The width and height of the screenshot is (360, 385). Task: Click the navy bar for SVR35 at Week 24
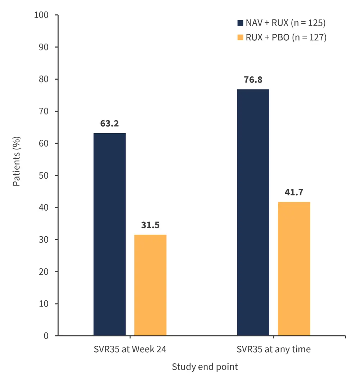click(x=109, y=234)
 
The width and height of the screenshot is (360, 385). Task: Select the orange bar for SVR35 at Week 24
click(x=150, y=285)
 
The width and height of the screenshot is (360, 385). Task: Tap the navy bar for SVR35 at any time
click(x=253, y=212)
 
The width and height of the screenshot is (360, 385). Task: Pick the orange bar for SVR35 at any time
click(x=294, y=269)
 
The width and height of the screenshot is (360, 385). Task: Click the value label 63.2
click(x=109, y=124)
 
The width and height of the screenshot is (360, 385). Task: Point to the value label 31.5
click(x=150, y=225)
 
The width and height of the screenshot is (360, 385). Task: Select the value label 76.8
click(x=253, y=80)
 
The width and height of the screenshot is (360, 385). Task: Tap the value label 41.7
click(x=294, y=193)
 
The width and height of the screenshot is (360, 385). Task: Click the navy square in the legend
click(x=240, y=23)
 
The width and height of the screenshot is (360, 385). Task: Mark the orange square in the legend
click(x=240, y=37)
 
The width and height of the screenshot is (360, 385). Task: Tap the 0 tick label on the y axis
click(x=46, y=336)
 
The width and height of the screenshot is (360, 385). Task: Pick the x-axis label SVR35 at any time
click(x=274, y=349)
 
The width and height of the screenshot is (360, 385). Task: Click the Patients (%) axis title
click(x=17, y=161)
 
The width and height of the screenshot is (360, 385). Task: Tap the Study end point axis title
click(x=205, y=367)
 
